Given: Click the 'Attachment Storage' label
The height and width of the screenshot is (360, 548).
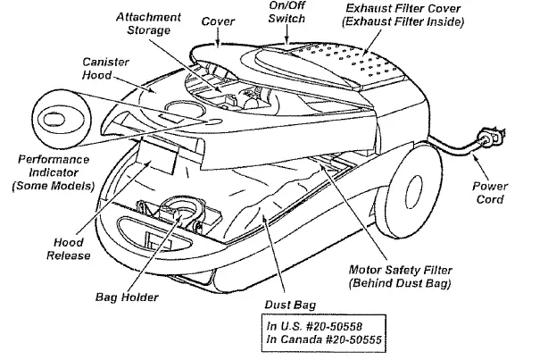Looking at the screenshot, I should point(148,24).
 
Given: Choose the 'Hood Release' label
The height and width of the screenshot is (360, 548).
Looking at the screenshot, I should point(68,247).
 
